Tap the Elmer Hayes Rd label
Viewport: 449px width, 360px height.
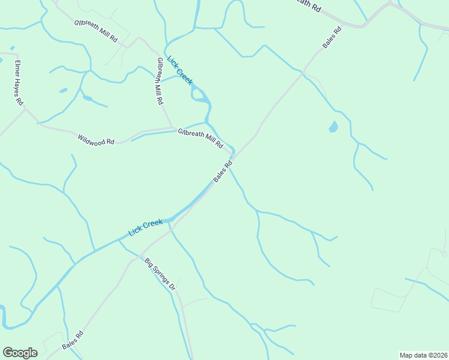tap(19, 82)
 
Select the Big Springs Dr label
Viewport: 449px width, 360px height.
tap(160, 275)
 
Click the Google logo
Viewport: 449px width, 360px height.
tap(20, 353)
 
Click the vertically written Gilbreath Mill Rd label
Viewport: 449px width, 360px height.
tap(159, 82)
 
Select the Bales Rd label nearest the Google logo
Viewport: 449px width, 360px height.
tap(73, 340)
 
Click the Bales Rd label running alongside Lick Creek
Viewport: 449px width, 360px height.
tap(223, 172)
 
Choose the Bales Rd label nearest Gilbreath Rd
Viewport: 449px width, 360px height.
tap(331, 37)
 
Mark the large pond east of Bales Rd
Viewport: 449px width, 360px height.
tap(333, 127)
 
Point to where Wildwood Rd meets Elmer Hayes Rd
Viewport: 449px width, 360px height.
tap(37, 123)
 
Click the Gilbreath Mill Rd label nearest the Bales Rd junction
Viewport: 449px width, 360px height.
tap(200, 137)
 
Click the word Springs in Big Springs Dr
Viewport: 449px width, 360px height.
tap(160, 275)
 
